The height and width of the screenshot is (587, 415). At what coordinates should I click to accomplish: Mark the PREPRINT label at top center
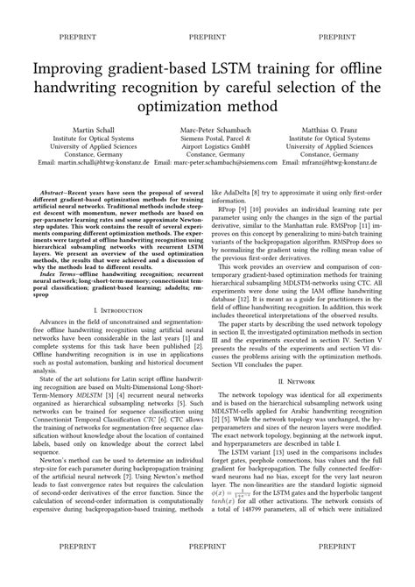[x=207, y=38]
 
